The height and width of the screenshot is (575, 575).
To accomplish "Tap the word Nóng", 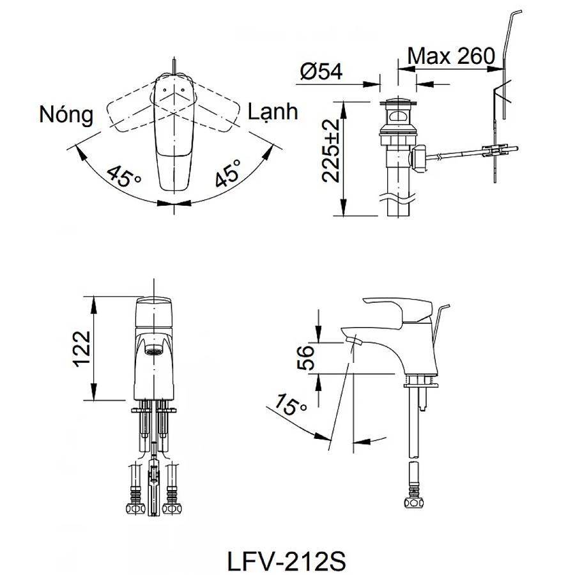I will (x=66, y=115).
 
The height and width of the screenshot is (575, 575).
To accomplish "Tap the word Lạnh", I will (x=273, y=112).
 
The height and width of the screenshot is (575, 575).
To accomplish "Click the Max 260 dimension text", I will (x=451, y=56).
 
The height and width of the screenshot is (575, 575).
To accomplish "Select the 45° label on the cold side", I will (x=228, y=173).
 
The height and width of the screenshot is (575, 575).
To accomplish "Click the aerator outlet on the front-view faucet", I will (x=154, y=350).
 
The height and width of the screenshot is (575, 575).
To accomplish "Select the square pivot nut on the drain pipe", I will (x=419, y=158).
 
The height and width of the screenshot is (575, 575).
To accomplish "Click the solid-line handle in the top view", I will (x=172, y=134).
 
